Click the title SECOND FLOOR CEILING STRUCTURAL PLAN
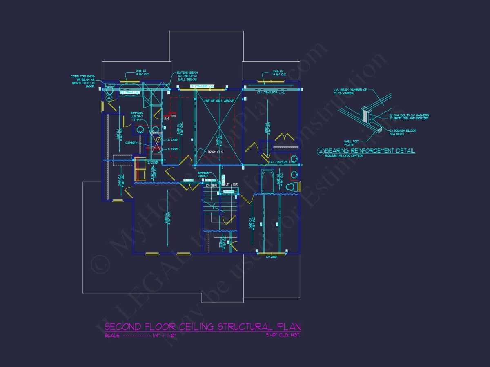tap(203, 327)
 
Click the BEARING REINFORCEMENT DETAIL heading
tap(370, 151)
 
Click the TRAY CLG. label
tap(216, 152)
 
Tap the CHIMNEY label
tap(131, 143)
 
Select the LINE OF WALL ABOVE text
tap(218, 100)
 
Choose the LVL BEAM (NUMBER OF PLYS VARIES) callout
tap(350, 92)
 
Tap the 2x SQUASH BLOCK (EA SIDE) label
tap(398, 132)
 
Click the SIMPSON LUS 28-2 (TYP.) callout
tap(137, 117)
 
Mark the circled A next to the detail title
tap(321, 151)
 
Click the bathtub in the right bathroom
tap(267, 181)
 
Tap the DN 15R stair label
tap(212, 184)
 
